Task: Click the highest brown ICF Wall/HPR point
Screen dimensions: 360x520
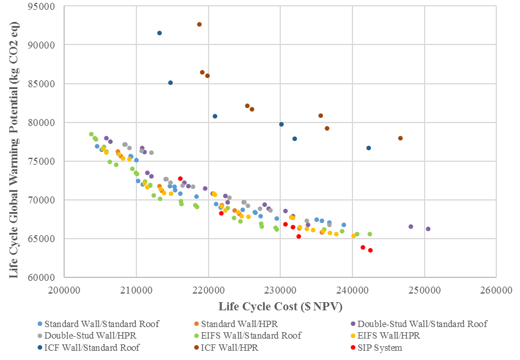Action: [x=199, y=24]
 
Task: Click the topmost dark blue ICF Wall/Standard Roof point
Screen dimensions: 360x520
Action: [x=159, y=33]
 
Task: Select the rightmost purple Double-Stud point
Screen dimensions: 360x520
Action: [x=428, y=229]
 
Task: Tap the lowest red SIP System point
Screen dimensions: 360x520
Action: [x=370, y=250]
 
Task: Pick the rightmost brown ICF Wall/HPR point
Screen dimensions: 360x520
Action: [x=400, y=138]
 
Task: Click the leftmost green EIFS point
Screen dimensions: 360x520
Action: [x=91, y=134]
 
